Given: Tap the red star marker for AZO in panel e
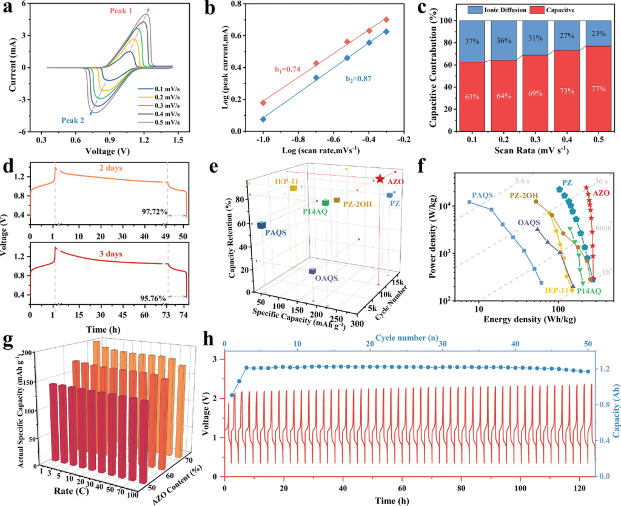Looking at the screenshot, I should [380, 179].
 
